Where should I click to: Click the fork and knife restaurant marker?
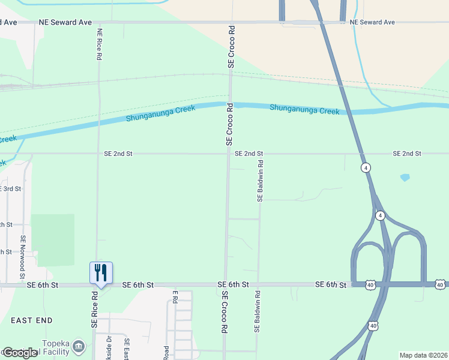pos(101,272)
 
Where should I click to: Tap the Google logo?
pos(20,353)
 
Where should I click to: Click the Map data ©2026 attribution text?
pos(424,355)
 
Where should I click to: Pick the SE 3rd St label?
pos(11,188)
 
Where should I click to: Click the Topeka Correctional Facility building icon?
pos(79,346)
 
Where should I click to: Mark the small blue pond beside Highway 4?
pos(405,178)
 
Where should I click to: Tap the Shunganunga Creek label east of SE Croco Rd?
pos(304,110)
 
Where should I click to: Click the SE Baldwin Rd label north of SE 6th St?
pos(260,180)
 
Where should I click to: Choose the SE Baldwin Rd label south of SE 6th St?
pos(257,312)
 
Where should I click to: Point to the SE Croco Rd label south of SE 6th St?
pos(224,312)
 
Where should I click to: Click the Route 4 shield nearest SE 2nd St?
pos(365,167)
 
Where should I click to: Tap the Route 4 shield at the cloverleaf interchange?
pos(379,215)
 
